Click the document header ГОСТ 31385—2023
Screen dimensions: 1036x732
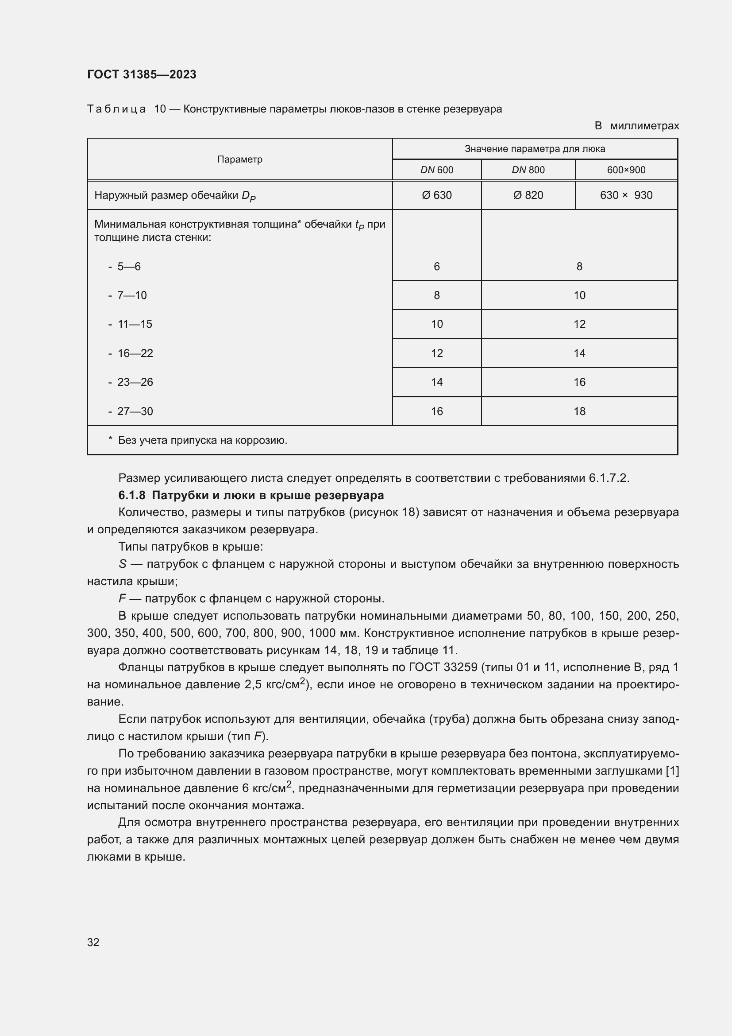click(142, 74)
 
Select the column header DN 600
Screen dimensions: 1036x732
click(436, 170)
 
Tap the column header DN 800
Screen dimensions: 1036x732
click(528, 170)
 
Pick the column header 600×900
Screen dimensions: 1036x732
click(626, 170)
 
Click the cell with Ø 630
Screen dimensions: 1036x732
click(436, 195)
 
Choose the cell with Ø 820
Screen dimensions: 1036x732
click(528, 195)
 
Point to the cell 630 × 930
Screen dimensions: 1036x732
click(626, 195)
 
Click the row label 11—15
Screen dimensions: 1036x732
click(135, 324)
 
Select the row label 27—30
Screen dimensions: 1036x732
click(135, 411)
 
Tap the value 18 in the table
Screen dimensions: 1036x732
click(579, 411)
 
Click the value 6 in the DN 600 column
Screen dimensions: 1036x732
click(436, 267)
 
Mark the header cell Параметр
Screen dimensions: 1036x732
click(239, 159)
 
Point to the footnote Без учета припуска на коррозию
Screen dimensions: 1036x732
click(202, 440)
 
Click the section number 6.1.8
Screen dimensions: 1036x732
click(131, 496)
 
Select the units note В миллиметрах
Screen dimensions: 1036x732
click(636, 126)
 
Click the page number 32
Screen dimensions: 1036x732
click(93, 942)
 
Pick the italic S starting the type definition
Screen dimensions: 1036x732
click(122, 564)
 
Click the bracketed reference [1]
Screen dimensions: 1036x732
click(672, 771)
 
